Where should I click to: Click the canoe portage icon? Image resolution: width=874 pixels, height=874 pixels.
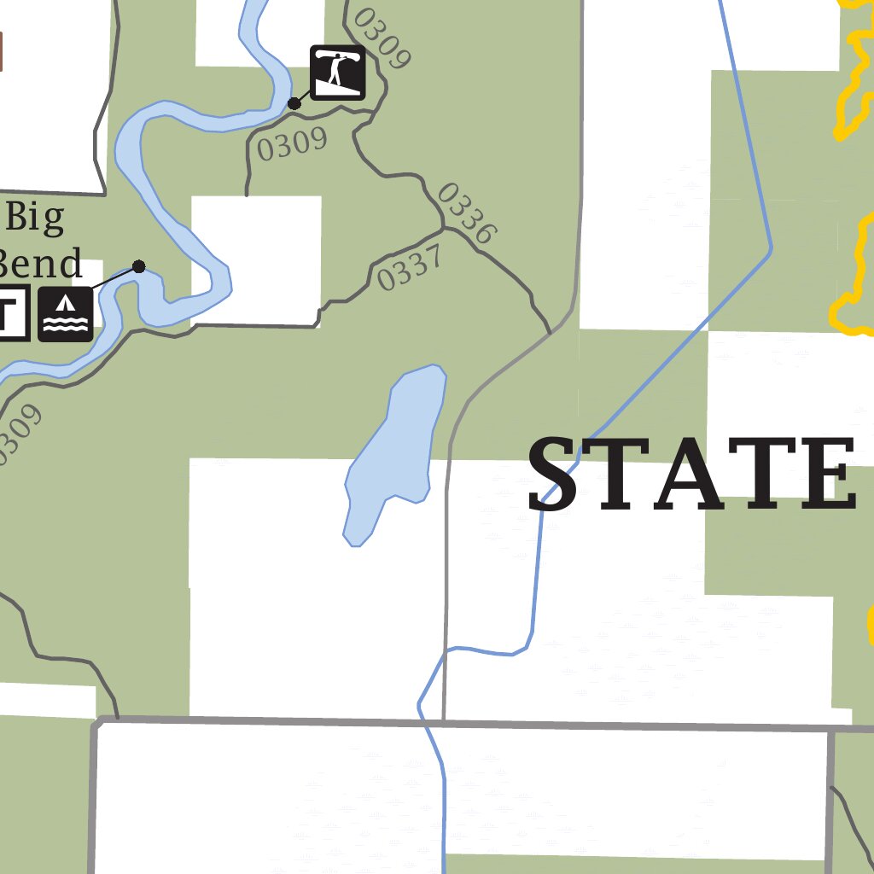click(338, 73)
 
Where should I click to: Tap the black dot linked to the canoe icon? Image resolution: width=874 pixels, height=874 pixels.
click(294, 103)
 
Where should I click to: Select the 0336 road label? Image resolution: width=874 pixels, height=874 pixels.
click(465, 213)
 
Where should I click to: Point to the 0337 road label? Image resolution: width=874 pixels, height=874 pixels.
click(410, 268)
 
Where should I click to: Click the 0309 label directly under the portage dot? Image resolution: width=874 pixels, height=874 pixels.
click(292, 144)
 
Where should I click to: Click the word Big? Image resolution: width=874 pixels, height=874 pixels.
click(34, 218)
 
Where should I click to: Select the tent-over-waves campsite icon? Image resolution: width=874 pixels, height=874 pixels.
click(66, 314)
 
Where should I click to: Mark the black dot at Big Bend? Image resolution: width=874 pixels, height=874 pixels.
click(139, 266)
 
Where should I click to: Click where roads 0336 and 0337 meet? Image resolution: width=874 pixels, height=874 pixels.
click(444, 229)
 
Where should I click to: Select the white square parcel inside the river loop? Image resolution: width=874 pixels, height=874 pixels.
click(256, 256)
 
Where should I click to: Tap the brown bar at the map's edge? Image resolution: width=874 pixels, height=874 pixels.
click(2, 51)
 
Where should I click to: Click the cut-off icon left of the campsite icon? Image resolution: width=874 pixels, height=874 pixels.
click(14, 314)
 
